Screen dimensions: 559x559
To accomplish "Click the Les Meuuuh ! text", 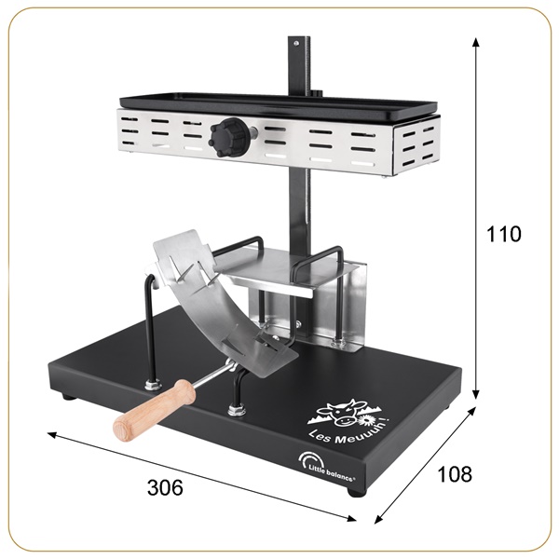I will pos(338,431).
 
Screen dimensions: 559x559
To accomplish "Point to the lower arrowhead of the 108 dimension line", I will pos(378,518).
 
